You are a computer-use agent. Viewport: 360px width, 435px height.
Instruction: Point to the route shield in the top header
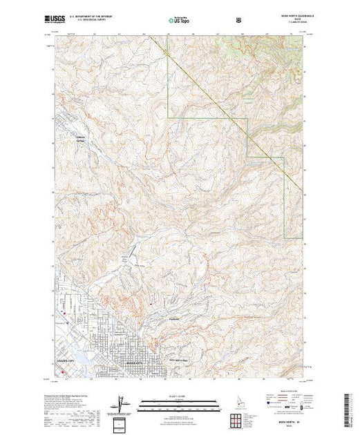click(x=239, y=19)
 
